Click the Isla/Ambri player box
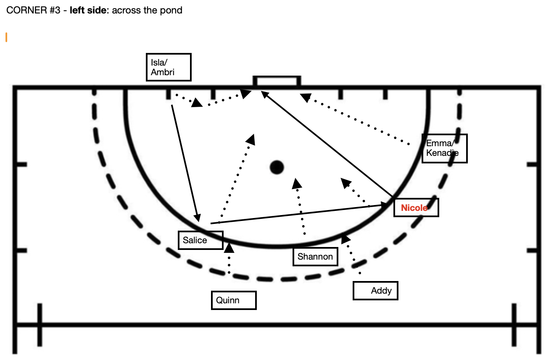tap(168, 67)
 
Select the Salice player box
tap(200, 240)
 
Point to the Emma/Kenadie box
tap(444, 148)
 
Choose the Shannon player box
tap(315, 257)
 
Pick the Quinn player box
tap(233, 300)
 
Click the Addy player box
tap(375, 291)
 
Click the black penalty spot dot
tap(277, 167)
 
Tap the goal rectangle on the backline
tap(277, 81)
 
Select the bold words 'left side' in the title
tap(88, 10)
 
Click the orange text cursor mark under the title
tap(6, 37)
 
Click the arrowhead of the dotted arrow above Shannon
tap(297, 183)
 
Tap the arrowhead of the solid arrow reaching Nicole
tap(384, 205)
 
